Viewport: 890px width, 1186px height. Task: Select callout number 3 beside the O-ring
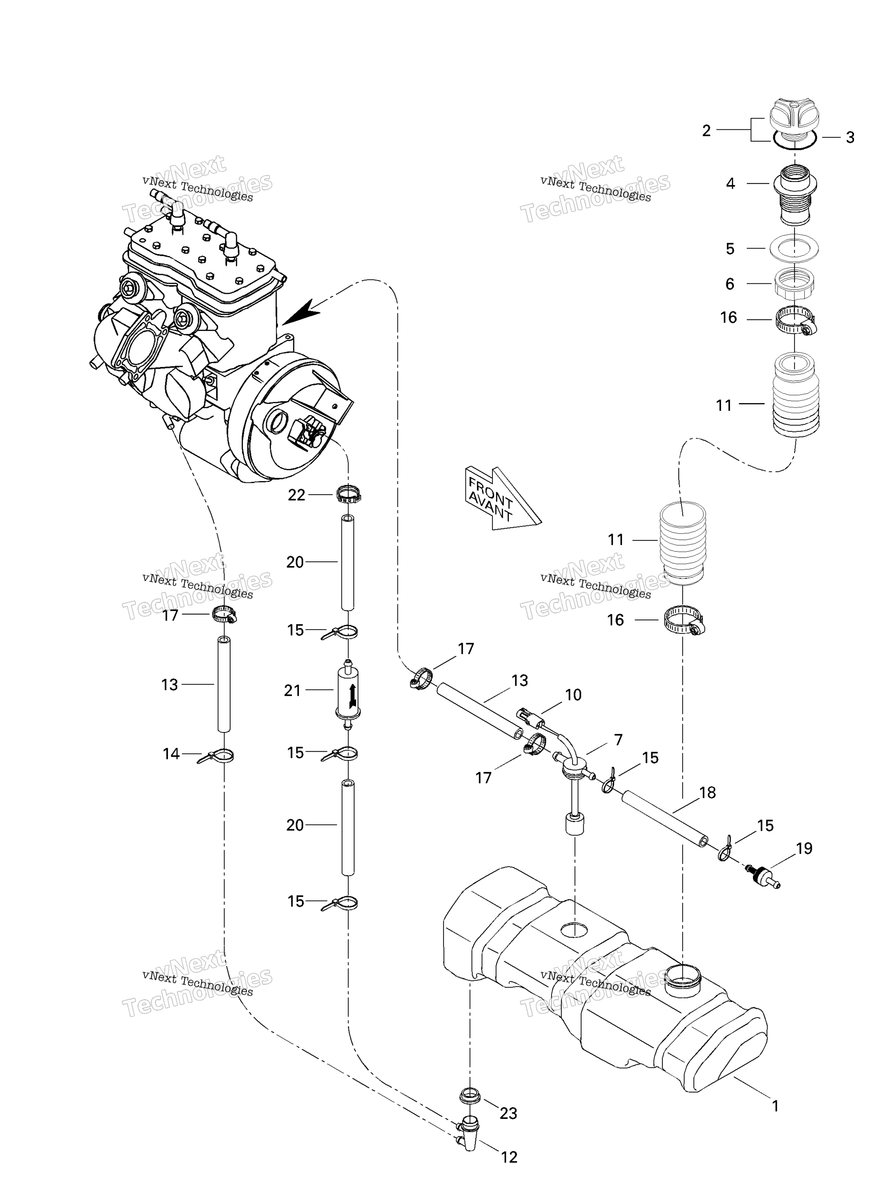(850, 138)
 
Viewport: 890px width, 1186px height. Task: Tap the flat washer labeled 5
(794, 248)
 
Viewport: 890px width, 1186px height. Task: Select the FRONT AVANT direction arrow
(502, 499)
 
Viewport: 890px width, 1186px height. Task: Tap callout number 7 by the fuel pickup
(618, 740)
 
